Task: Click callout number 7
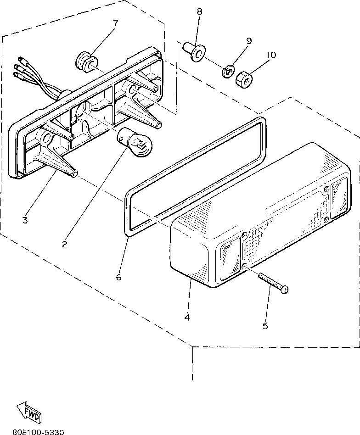[x=116, y=23]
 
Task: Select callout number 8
[x=199, y=12]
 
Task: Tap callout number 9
[x=248, y=41]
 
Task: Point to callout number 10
[x=270, y=55]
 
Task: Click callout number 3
[x=25, y=220]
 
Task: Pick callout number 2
[x=65, y=244]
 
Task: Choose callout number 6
[x=118, y=278]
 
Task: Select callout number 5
[x=265, y=326]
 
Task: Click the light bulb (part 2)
[x=135, y=142]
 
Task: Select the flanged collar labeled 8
[x=195, y=51]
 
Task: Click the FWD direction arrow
[x=29, y=410]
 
